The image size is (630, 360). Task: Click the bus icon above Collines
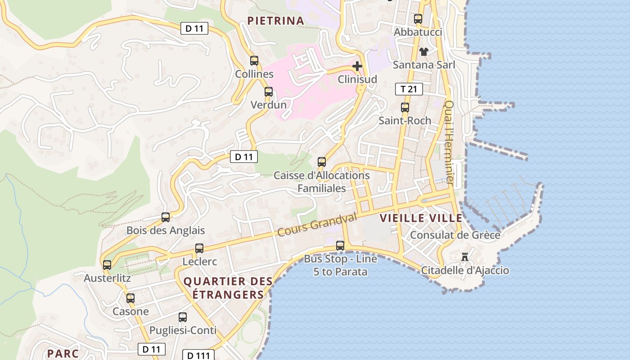pyautogui.click(x=254, y=61)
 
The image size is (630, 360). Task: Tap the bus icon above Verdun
pyautogui.click(x=269, y=92)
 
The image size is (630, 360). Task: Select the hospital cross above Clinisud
pyautogui.click(x=357, y=67)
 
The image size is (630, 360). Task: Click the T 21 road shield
pyautogui.click(x=409, y=89)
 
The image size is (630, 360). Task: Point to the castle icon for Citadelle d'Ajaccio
pyautogui.click(x=465, y=257)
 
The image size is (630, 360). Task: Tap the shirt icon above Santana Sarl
pyautogui.click(x=423, y=52)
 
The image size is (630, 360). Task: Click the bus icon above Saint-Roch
pyautogui.click(x=405, y=108)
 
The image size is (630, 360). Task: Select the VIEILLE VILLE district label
pyautogui.click(x=421, y=219)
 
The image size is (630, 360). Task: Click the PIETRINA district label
pyautogui.click(x=276, y=21)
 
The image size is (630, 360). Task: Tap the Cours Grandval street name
pyautogui.click(x=317, y=225)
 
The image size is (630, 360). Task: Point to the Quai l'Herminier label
pyautogui.click(x=449, y=142)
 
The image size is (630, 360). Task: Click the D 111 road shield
pyautogui.click(x=198, y=355)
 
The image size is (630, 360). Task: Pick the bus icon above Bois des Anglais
pyautogui.click(x=166, y=217)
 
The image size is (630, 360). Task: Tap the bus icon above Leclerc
pyautogui.click(x=199, y=248)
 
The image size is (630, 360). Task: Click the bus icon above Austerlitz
pyautogui.click(x=107, y=265)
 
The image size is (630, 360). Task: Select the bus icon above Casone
pyautogui.click(x=130, y=298)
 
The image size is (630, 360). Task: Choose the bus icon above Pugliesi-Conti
pyautogui.click(x=183, y=317)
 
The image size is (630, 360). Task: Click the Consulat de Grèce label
pyautogui.click(x=455, y=235)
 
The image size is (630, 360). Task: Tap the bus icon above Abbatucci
pyautogui.click(x=418, y=19)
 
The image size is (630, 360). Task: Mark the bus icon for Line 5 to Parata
pyautogui.click(x=340, y=246)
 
